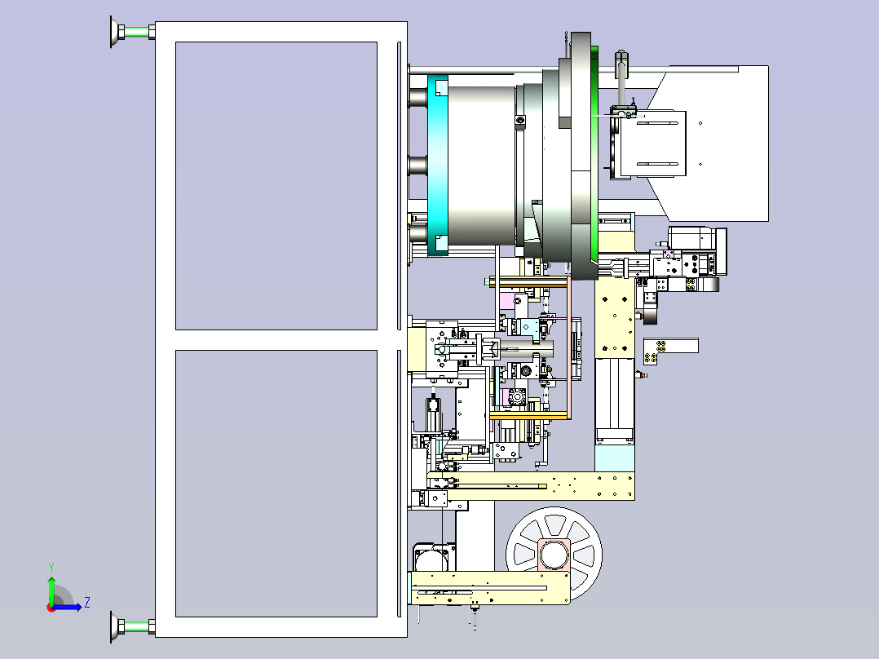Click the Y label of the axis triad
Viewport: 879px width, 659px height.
(51, 567)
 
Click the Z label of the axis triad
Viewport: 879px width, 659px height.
(87, 603)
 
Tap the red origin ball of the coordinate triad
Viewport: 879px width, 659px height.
(51, 608)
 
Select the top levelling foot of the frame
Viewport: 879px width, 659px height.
(132, 32)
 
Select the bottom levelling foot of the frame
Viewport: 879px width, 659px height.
(132, 626)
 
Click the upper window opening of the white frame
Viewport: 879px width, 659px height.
(276, 186)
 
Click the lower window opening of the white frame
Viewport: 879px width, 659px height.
(276, 484)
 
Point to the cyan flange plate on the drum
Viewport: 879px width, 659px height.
(438, 165)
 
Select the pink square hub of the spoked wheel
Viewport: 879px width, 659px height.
(554, 555)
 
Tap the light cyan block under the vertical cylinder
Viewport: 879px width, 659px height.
(615, 458)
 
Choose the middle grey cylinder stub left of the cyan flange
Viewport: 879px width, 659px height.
(418, 166)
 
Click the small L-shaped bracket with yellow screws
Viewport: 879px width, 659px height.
(670, 349)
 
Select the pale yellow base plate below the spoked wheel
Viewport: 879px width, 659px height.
(491, 588)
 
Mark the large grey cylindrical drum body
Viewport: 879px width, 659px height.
(482, 165)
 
